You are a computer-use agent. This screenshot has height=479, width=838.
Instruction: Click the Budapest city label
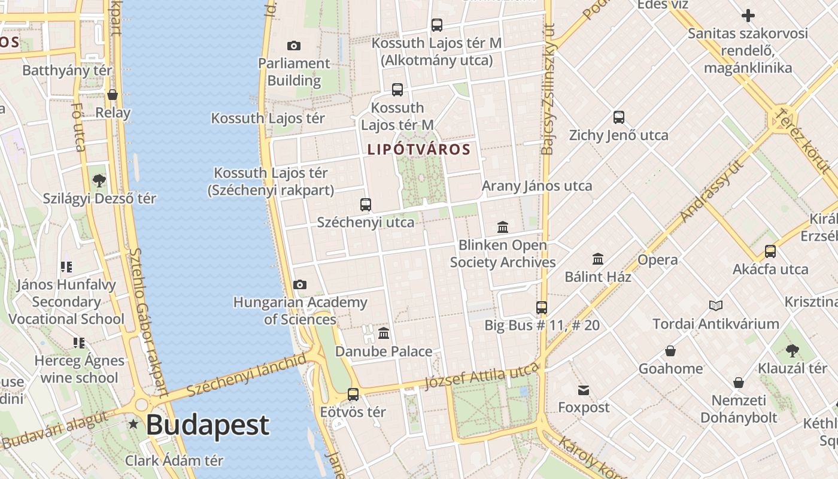207,425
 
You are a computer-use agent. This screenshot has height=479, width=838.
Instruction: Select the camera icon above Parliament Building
294,46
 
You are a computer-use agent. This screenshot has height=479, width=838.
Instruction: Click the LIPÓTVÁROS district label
419,149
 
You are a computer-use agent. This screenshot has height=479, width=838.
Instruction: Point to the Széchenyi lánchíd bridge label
247,374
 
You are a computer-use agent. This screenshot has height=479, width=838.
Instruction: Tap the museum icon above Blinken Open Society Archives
503,228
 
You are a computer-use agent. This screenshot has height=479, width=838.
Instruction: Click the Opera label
658,260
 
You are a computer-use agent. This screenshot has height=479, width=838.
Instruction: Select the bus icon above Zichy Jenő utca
619,117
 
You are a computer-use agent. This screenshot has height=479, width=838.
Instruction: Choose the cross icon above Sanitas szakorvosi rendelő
748,16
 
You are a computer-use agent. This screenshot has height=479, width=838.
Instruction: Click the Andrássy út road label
713,190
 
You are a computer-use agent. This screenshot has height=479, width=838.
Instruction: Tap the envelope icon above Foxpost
584,390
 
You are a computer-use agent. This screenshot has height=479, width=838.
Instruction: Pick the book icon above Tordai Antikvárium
715,306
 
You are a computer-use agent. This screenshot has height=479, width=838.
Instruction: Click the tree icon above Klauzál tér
793,351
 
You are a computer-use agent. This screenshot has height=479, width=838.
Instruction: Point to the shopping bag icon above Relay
113,95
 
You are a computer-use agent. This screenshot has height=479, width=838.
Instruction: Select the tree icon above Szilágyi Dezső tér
99,180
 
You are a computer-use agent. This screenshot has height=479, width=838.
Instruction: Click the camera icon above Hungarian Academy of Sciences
300,285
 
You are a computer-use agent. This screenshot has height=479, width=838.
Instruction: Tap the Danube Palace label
384,351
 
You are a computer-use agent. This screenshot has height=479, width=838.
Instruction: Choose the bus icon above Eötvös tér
353,395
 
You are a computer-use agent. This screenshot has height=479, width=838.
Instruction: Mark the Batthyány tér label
67,70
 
